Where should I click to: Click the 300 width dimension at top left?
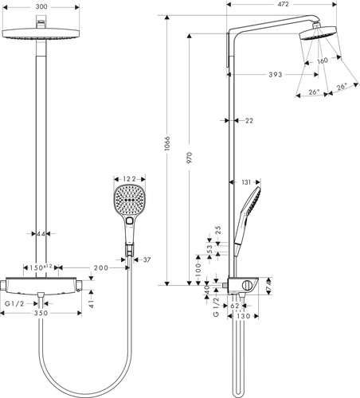(x=41, y=6)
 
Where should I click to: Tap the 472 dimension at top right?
(x=284, y=4)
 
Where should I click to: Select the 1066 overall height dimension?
(x=167, y=144)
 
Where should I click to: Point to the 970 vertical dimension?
(x=189, y=158)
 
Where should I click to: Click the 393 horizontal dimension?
(x=276, y=75)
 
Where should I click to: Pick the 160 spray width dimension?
(x=323, y=60)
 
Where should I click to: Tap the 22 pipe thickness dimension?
(x=249, y=121)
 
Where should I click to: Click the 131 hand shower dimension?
(x=246, y=182)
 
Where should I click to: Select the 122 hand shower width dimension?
(x=129, y=179)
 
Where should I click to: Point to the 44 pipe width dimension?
(x=41, y=234)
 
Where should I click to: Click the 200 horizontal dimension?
(x=101, y=268)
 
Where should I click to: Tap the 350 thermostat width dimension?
(x=41, y=313)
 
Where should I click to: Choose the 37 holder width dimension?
(x=147, y=259)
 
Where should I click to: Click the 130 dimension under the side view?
(x=244, y=316)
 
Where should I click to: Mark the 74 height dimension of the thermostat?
(x=269, y=286)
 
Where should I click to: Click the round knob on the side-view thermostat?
(x=247, y=286)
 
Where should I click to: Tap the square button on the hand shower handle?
(x=130, y=220)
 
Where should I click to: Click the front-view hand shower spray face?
(x=130, y=200)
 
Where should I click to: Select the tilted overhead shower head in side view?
(x=318, y=33)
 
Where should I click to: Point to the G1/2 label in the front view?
(x=14, y=303)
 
